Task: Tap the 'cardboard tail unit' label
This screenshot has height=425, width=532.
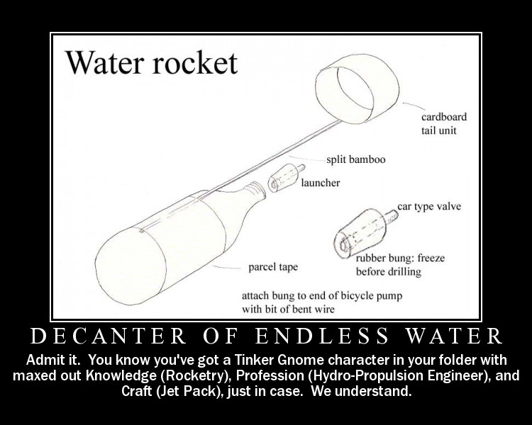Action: click(444, 123)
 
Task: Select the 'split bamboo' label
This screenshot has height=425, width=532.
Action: click(356, 159)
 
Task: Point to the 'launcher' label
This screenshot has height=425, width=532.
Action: click(320, 183)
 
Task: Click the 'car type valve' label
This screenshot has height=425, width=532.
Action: click(429, 207)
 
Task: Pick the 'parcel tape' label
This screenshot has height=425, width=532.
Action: click(273, 268)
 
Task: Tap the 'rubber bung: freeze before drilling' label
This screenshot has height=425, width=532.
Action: click(400, 265)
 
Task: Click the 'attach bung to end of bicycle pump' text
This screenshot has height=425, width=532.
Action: click(322, 296)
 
